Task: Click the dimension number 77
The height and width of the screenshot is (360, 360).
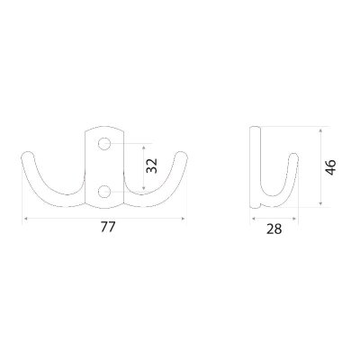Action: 107,227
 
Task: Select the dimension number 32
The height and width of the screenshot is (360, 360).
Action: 152,166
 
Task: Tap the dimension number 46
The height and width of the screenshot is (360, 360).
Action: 330,167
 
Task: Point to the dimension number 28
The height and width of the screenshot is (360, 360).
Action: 274,229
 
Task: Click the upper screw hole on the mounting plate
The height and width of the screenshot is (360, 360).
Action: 104,144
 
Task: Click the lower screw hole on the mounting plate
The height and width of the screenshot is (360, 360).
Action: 104,192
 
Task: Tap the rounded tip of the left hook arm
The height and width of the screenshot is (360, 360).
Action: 28,156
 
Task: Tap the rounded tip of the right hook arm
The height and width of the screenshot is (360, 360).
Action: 181,156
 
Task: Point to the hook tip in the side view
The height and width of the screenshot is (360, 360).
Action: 293,157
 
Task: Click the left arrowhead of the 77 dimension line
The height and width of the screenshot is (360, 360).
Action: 25,219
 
